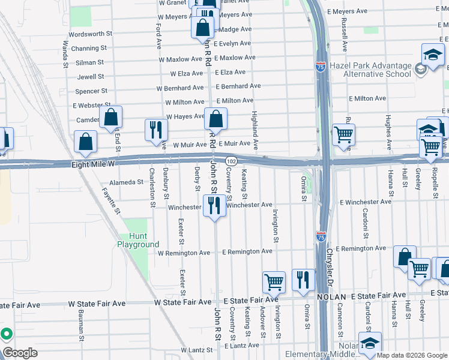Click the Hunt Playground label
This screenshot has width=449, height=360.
point(138,240)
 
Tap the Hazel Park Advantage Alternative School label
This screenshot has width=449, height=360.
point(377,70)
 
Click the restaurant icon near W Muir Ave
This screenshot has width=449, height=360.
point(155,130)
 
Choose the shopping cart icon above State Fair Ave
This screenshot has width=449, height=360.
point(274,281)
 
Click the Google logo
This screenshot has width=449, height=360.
point(20,353)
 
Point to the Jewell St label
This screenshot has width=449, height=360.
point(91,77)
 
